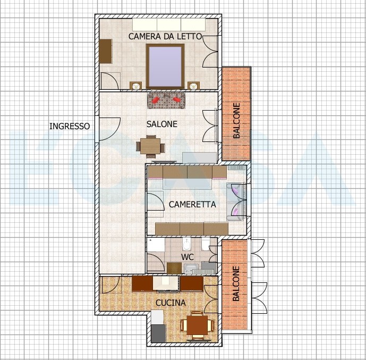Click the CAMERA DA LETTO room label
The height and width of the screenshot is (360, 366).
tap(165, 37)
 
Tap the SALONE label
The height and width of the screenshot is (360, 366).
tap(162, 124)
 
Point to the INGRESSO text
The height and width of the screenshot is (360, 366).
tap(70, 126)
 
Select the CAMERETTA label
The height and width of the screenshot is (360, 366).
tap(192, 204)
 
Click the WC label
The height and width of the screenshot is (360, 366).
tap(188, 257)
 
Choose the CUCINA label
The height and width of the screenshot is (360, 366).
tap(171, 303)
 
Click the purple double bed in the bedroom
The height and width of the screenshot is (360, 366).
tap(165, 66)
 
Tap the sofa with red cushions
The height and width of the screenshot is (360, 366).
tap(166, 101)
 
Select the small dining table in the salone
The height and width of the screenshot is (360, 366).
tap(150, 146)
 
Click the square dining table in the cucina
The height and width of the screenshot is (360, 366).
tap(197, 325)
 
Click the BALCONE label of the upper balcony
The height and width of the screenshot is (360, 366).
tap(236, 121)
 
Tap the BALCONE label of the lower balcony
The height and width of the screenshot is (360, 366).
tap(236, 283)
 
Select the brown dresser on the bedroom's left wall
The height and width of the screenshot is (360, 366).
tap(106, 52)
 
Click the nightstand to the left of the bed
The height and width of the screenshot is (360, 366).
tap(135, 86)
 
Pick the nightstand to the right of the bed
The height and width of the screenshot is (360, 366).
tap(193, 86)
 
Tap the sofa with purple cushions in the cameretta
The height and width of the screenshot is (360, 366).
tap(236, 202)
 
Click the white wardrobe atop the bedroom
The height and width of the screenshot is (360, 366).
tap(169, 24)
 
